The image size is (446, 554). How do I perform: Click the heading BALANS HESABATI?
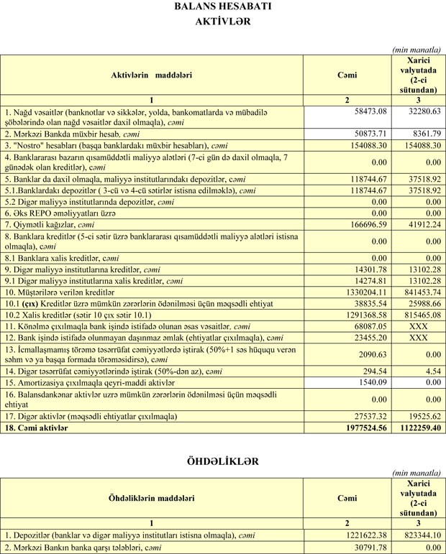222,6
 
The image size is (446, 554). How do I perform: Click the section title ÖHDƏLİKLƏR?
222,461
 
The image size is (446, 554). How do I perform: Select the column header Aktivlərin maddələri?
151,75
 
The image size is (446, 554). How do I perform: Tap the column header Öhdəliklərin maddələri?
150,498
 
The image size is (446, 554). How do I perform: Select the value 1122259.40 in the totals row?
417,428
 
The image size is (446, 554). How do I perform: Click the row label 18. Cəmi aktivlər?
37,428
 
